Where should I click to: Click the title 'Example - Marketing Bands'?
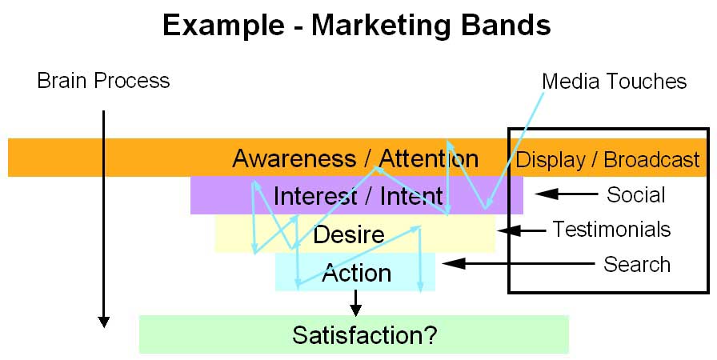pos(356,26)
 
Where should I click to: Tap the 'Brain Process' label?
pos(103,81)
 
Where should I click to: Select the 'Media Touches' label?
pos(614,81)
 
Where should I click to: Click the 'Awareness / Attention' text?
pos(355,158)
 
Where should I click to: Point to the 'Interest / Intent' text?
pos(358,195)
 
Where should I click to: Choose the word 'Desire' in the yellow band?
pos(349,234)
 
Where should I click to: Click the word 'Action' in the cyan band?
pos(356,273)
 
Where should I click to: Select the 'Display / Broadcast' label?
pos(608,159)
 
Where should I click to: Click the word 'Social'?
pos(636,194)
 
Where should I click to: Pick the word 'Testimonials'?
pos(611,230)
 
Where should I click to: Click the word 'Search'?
pos(637,264)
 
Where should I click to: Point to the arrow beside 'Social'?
pos(566,194)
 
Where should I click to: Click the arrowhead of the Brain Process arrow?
pos(103,322)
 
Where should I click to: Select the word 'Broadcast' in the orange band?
pos(651,159)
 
